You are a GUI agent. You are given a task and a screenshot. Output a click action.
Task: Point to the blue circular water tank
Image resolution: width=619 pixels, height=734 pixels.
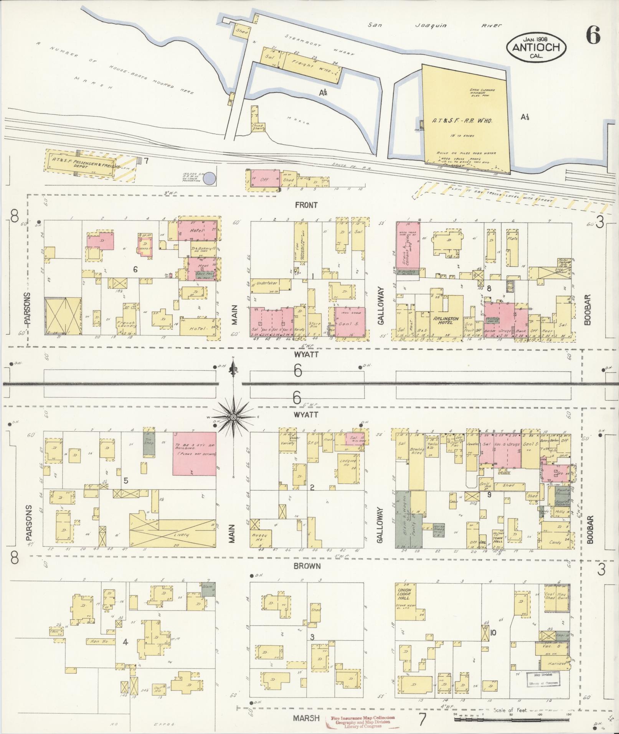[x=209, y=179]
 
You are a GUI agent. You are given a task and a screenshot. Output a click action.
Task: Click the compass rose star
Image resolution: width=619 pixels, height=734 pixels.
[x=233, y=417]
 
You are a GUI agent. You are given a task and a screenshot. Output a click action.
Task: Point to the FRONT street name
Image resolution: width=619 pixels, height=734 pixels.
[x=306, y=205]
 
